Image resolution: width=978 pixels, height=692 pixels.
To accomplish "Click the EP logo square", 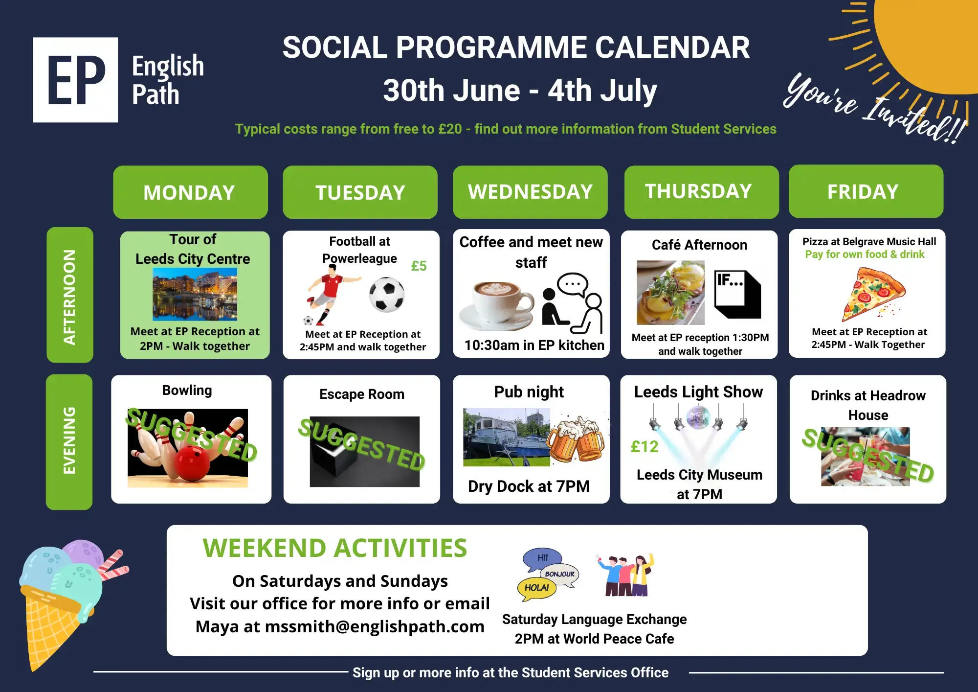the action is [x=75, y=80].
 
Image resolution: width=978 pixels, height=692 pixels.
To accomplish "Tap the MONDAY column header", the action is [x=190, y=192].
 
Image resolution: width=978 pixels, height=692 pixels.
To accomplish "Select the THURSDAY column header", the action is [x=701, y=192].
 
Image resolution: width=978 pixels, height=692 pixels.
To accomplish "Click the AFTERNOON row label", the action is [x=70, y=295].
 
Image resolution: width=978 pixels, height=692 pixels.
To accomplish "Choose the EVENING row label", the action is [x=69, y=442].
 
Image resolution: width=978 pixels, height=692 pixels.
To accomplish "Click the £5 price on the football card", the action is [x=419, y=266].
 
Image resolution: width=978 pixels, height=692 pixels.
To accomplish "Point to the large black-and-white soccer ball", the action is [x=387, y=295].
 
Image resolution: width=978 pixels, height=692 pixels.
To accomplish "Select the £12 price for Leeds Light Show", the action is [x=645, y=447].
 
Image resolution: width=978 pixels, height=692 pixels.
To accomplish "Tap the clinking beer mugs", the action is [x=577, y=438].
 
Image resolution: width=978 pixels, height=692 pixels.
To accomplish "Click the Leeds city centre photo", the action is [x=195, y=294].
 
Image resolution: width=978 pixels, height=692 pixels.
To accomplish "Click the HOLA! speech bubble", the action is [x=537, y=588].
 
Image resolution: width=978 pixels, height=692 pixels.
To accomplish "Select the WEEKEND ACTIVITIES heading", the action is [x=335, y=548].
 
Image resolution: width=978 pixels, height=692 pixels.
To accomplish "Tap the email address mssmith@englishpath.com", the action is [x=375, y=626].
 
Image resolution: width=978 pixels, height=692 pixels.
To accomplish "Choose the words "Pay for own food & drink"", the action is [x=865, y=254].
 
